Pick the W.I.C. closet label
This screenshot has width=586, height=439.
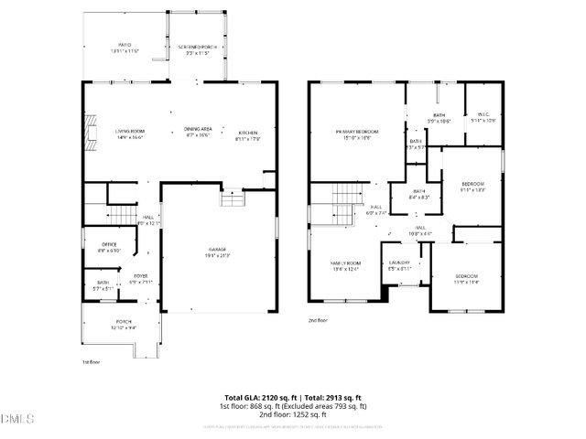pos(483,115)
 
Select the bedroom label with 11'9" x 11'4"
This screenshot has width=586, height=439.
pos(467,278)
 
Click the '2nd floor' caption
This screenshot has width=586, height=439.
pos(318,321)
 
